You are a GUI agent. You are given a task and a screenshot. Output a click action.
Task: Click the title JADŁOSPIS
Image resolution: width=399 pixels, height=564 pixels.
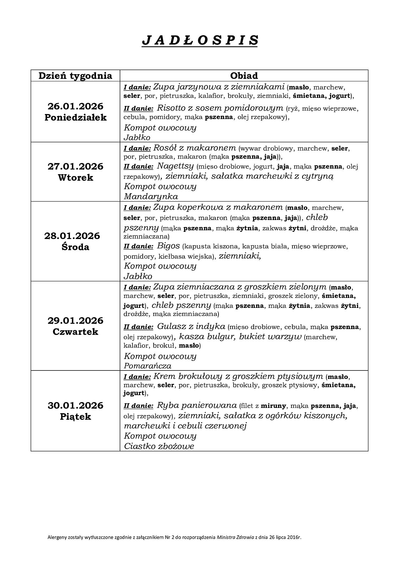[x=200, y=40]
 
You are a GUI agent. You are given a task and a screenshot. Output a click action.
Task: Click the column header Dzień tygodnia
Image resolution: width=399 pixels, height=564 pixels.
[x=75, y=76]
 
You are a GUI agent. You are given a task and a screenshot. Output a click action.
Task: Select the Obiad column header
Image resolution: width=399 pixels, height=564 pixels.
[x=244, y=76]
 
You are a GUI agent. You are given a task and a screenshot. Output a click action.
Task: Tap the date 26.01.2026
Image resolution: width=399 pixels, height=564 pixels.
[x=75, y=106]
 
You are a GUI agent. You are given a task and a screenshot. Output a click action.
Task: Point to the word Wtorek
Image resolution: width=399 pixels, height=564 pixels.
[x=75, y=178]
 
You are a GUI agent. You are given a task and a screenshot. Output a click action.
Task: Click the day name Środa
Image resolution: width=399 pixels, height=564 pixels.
[x=75, y=247]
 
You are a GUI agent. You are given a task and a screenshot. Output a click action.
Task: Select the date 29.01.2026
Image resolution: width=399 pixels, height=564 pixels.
[x=75, y=320]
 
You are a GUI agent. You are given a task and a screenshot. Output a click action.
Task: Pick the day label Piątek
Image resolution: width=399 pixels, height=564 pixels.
[x=75, y=417]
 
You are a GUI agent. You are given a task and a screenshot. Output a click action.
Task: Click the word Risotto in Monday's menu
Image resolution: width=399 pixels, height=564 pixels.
[x=170, y=108]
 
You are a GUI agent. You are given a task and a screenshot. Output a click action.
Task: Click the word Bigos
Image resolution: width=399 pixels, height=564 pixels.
[x=169, y=246]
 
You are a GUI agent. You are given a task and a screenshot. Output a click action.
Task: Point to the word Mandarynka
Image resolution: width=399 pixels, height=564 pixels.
[x=151, y=197]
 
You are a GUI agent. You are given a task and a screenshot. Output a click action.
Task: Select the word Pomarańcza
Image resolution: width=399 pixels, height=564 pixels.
[x=147, y=366]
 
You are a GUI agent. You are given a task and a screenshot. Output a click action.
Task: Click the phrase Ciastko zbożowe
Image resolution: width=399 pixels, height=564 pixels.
[x=159, y=446]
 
